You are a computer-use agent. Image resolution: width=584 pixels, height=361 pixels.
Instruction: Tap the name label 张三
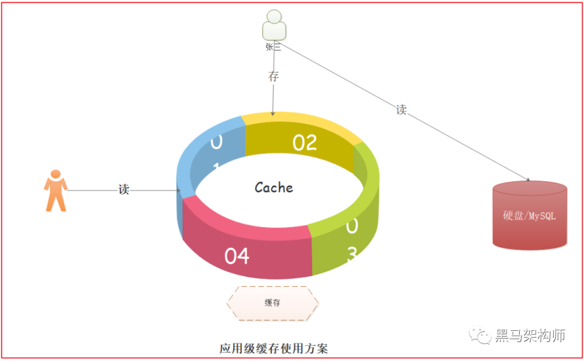[274, 47]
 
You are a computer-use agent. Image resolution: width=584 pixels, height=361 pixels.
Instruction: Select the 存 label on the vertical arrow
[274, 76]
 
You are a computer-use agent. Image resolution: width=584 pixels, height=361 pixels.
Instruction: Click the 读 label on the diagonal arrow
[401, 110]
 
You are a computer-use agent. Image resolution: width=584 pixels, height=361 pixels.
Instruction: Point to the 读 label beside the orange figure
[124, 189]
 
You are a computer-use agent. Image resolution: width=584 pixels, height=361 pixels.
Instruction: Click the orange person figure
[55, 191]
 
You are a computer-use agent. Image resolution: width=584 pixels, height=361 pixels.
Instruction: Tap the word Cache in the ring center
[274, 188]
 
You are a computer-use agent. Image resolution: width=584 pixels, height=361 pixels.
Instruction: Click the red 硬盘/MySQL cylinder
[530, 216]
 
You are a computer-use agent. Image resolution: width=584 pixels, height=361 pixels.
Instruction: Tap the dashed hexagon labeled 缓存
[273, 303]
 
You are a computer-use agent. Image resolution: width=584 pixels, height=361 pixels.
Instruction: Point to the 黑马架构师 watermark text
[530, 336]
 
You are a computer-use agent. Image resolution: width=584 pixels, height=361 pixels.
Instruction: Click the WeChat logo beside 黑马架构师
[480, 336]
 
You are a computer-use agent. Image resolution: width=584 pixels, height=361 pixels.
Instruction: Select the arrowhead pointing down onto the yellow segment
[273, 113]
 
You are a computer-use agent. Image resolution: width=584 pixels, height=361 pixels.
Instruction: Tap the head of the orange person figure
[55, 175]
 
